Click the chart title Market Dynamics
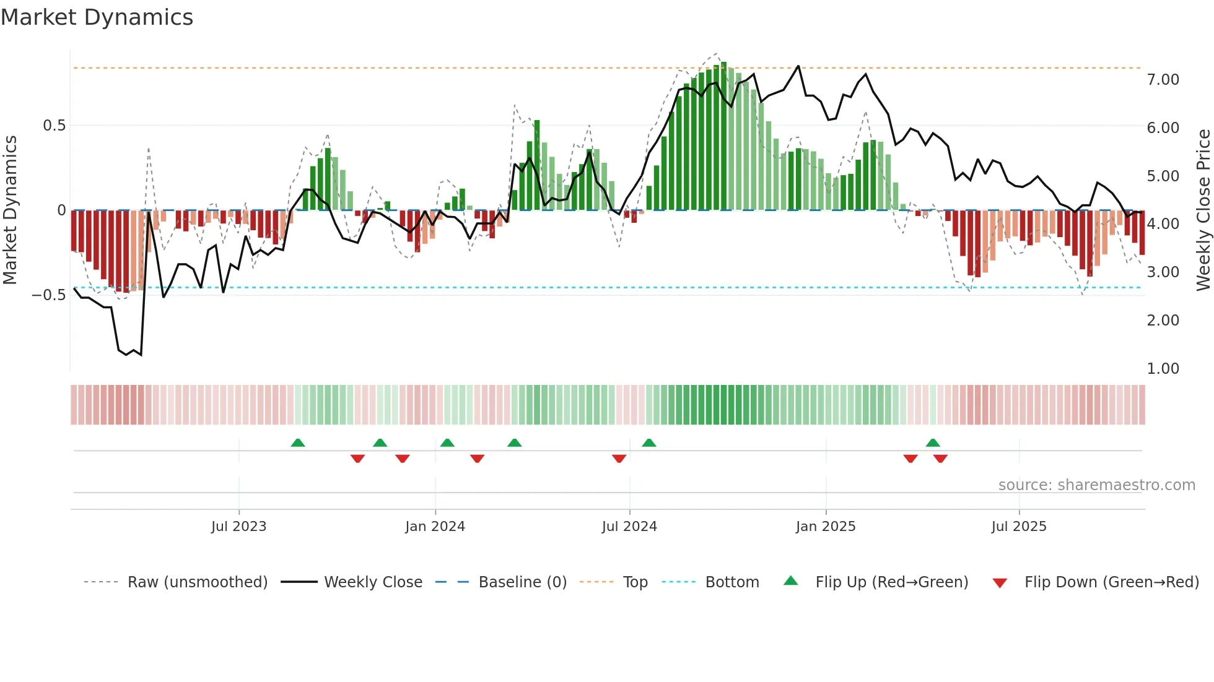coord(97,17)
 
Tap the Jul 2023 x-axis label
coord(238,527)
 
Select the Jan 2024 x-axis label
coord(435,527)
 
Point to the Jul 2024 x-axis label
coord(629,527)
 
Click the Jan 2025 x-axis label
coord(826,527)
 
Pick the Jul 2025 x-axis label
coord(1019,527)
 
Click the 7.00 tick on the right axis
coord(1163,80)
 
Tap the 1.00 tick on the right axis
coord(1163,369)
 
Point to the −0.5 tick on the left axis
coord(48,295)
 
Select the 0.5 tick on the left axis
coord(54,126)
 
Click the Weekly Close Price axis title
coord(1203,210)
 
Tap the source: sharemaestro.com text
coord(1096,485)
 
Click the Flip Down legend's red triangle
coord(1000,583)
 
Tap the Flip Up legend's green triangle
coord(791,581)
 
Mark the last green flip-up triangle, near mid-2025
coord(933,442)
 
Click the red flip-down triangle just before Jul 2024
coord(619,459)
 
